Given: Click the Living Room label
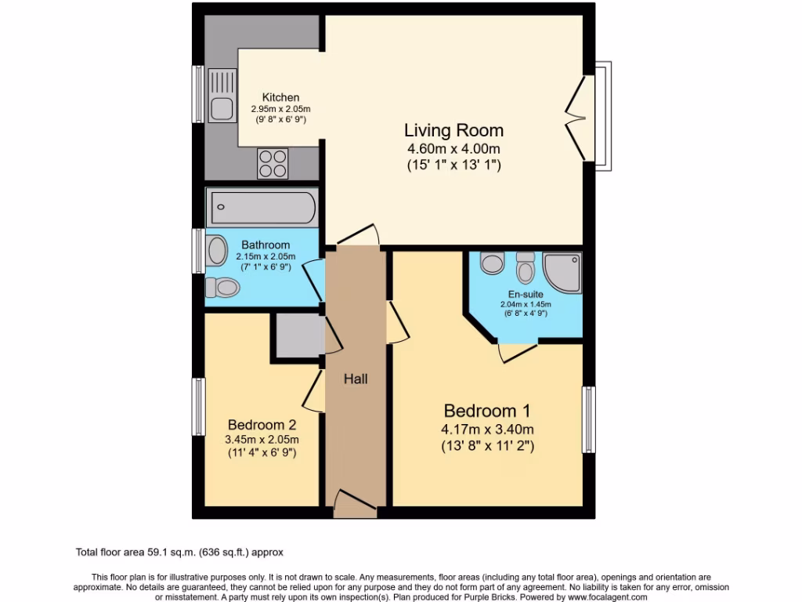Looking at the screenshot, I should pos(453,130).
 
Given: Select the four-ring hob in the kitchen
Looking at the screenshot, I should pos(273,164).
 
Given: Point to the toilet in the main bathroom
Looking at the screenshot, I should pos(222,288).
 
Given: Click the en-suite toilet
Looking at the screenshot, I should pos(526,269).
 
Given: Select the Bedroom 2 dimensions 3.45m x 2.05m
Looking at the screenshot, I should pos(262,440).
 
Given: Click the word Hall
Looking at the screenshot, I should pos(356,379).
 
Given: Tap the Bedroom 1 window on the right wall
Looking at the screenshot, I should pos(587,419).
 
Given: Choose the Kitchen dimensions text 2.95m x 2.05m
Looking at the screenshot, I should pos(280,110).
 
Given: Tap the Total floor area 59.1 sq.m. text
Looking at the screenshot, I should pos(185,553).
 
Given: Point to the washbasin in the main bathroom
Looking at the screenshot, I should pos(216,251).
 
